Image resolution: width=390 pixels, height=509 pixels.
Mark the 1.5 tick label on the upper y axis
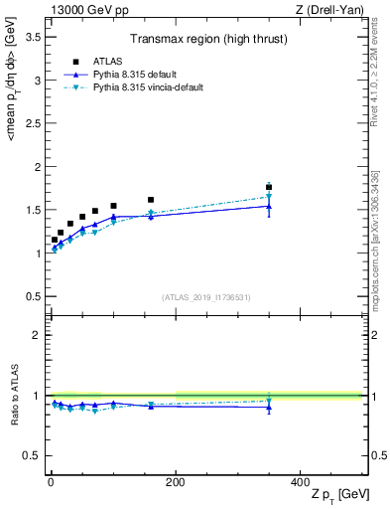(x=33, y=210)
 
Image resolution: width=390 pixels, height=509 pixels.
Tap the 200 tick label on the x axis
(x=175, y=482)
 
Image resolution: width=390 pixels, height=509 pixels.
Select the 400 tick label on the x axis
(x=300, y=482)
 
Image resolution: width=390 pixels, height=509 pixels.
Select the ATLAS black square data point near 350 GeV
(x=269, y=187)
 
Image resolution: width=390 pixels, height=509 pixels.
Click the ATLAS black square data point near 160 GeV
(x=151, y=200)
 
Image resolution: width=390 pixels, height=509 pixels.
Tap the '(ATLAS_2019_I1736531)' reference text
(x=206, y=297)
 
